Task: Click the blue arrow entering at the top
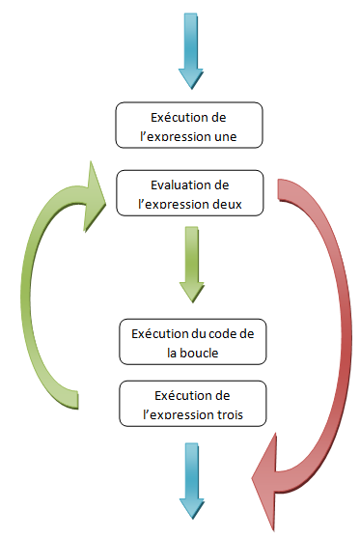pyautogui.click(x=189, y=48)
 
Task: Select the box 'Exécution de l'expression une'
pyautogui.click(x=189, y=127)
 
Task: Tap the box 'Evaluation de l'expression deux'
pyautogui.click(x=189, y=192)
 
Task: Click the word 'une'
pyautogui.click(x=247, y=137)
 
